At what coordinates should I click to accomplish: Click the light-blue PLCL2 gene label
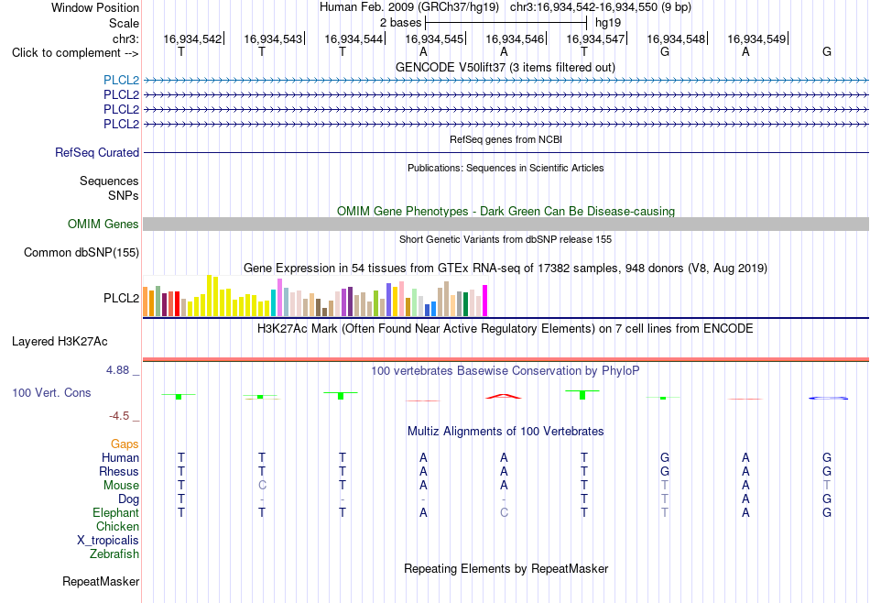[x=121, y=80]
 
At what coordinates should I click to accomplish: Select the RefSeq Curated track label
[x=97, y=152]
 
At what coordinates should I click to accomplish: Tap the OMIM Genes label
[x=103, y=224]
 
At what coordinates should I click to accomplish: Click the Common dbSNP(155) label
[x=82, y=253]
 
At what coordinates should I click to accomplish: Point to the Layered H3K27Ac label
[x=60, y=342]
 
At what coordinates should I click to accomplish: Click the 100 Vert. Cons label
[x=51, y=392]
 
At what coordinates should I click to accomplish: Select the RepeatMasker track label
[x=101, y=581]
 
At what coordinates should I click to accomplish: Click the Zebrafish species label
[x=114, y=554]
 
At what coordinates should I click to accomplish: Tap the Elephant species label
[x=116, y=512]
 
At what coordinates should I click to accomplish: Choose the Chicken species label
[x=117, y=526]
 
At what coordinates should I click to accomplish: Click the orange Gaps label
[x=125, y=444]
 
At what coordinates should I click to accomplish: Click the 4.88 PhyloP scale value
[x=117, y=370]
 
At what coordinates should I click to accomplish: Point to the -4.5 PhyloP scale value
[x=119, y=416]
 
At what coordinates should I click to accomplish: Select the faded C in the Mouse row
[x=262, y=486]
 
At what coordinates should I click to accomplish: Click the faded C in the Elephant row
[x=504, y=512]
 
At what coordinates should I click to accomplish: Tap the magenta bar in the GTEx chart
[x=485, y=301]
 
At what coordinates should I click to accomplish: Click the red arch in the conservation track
[x=504, y=396]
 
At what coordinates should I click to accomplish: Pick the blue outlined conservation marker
[x=828, y=398]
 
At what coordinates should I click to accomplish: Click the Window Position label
[x=95, y=7]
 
